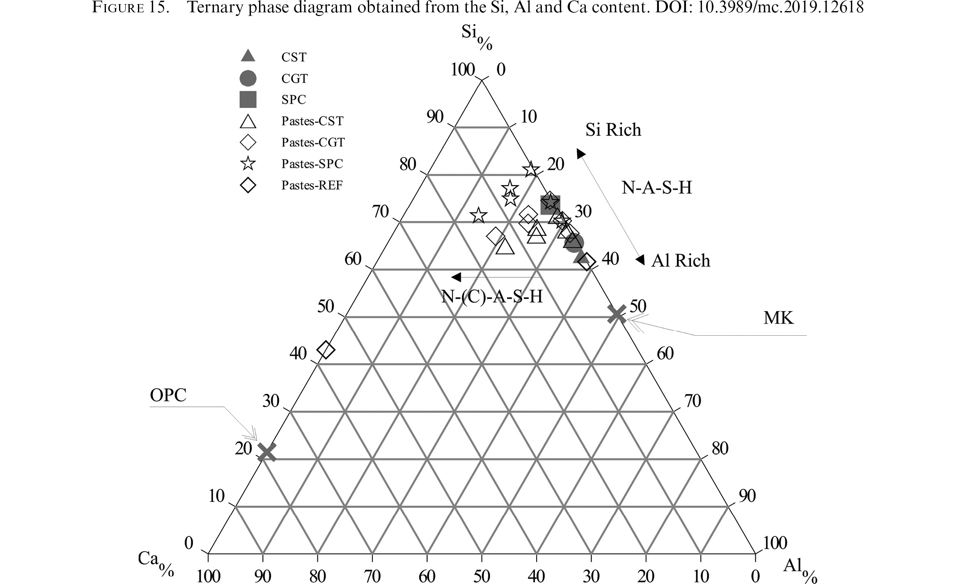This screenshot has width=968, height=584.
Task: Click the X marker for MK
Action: [x=617, y=314]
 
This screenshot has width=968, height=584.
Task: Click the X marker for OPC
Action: [x=266, y=452]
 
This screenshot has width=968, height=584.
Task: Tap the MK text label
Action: [x=778, y=318]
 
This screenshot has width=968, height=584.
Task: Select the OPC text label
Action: [x=168, y=395]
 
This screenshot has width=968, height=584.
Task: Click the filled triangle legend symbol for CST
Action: [x=248, y=56]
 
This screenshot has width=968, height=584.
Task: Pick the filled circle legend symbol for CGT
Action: [x=248, y=78]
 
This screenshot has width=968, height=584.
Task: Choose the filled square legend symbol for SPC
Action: [x=248, y=99]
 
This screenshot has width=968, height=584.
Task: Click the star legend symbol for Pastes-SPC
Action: [x=248, y=163]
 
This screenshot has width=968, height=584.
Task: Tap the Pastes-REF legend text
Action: [x=312, y=185]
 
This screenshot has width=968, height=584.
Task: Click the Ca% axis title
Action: [x=156, y=563]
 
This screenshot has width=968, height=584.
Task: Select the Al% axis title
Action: [x=800, y=570]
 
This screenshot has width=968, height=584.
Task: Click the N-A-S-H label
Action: [x=657, y=188]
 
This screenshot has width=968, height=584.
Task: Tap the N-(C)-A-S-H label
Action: [x=492, y=296]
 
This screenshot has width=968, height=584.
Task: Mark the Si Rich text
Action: [x=613, y=130]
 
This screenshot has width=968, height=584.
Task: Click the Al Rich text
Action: [x=681, y=261]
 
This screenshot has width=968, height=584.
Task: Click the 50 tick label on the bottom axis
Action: [x=482, y=576]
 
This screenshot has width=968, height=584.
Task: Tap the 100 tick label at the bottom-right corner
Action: [x=775, y=543]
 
